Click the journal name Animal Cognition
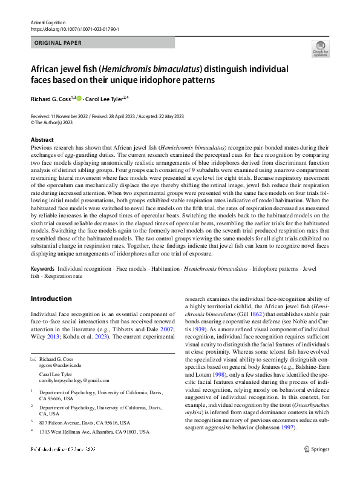[x=47, y=22]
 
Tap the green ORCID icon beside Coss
[x=79, y=98]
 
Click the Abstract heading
[x=42, y=139]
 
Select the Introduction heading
[x=51, y=299]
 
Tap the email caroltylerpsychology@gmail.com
[x=74, y=380]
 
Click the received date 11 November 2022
[x=64, y=115]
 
